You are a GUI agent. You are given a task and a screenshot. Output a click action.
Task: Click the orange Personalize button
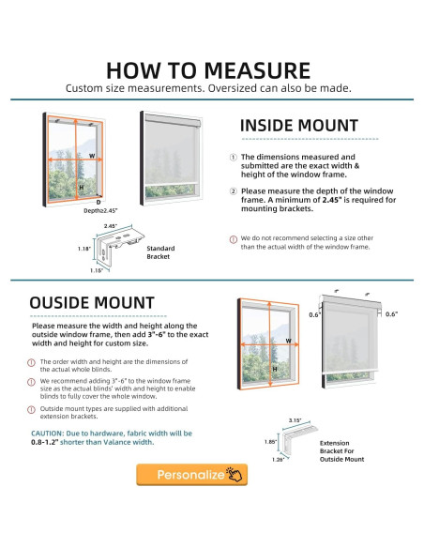191,475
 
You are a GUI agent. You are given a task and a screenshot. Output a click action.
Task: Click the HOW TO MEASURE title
208,70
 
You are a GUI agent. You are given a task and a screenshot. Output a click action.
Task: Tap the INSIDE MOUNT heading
299,126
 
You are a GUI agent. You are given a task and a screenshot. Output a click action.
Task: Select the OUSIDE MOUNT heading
92,303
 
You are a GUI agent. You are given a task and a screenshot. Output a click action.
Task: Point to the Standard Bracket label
160,252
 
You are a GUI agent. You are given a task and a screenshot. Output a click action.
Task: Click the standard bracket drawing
119,246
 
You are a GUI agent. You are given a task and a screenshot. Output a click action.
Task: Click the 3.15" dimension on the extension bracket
295,420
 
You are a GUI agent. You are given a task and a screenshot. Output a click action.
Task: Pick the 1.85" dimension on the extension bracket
270,442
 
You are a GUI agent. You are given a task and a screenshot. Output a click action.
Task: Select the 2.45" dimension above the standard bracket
111,226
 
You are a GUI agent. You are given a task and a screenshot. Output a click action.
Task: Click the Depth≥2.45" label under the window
100,211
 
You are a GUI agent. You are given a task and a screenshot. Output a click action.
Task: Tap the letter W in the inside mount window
92,156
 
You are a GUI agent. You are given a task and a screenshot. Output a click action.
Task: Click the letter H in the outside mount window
275,369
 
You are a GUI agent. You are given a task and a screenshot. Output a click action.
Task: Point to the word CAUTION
48,434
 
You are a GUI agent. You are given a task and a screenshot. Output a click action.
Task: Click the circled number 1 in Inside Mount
234,158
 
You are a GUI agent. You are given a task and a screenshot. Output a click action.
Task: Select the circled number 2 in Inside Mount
234,191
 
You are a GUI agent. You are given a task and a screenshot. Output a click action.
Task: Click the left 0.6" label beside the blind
314,315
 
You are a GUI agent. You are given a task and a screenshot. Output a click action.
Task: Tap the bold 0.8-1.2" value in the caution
45,442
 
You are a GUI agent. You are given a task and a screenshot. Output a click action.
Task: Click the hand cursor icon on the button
235,474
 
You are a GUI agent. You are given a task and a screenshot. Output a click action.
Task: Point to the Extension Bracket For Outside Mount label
341,451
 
